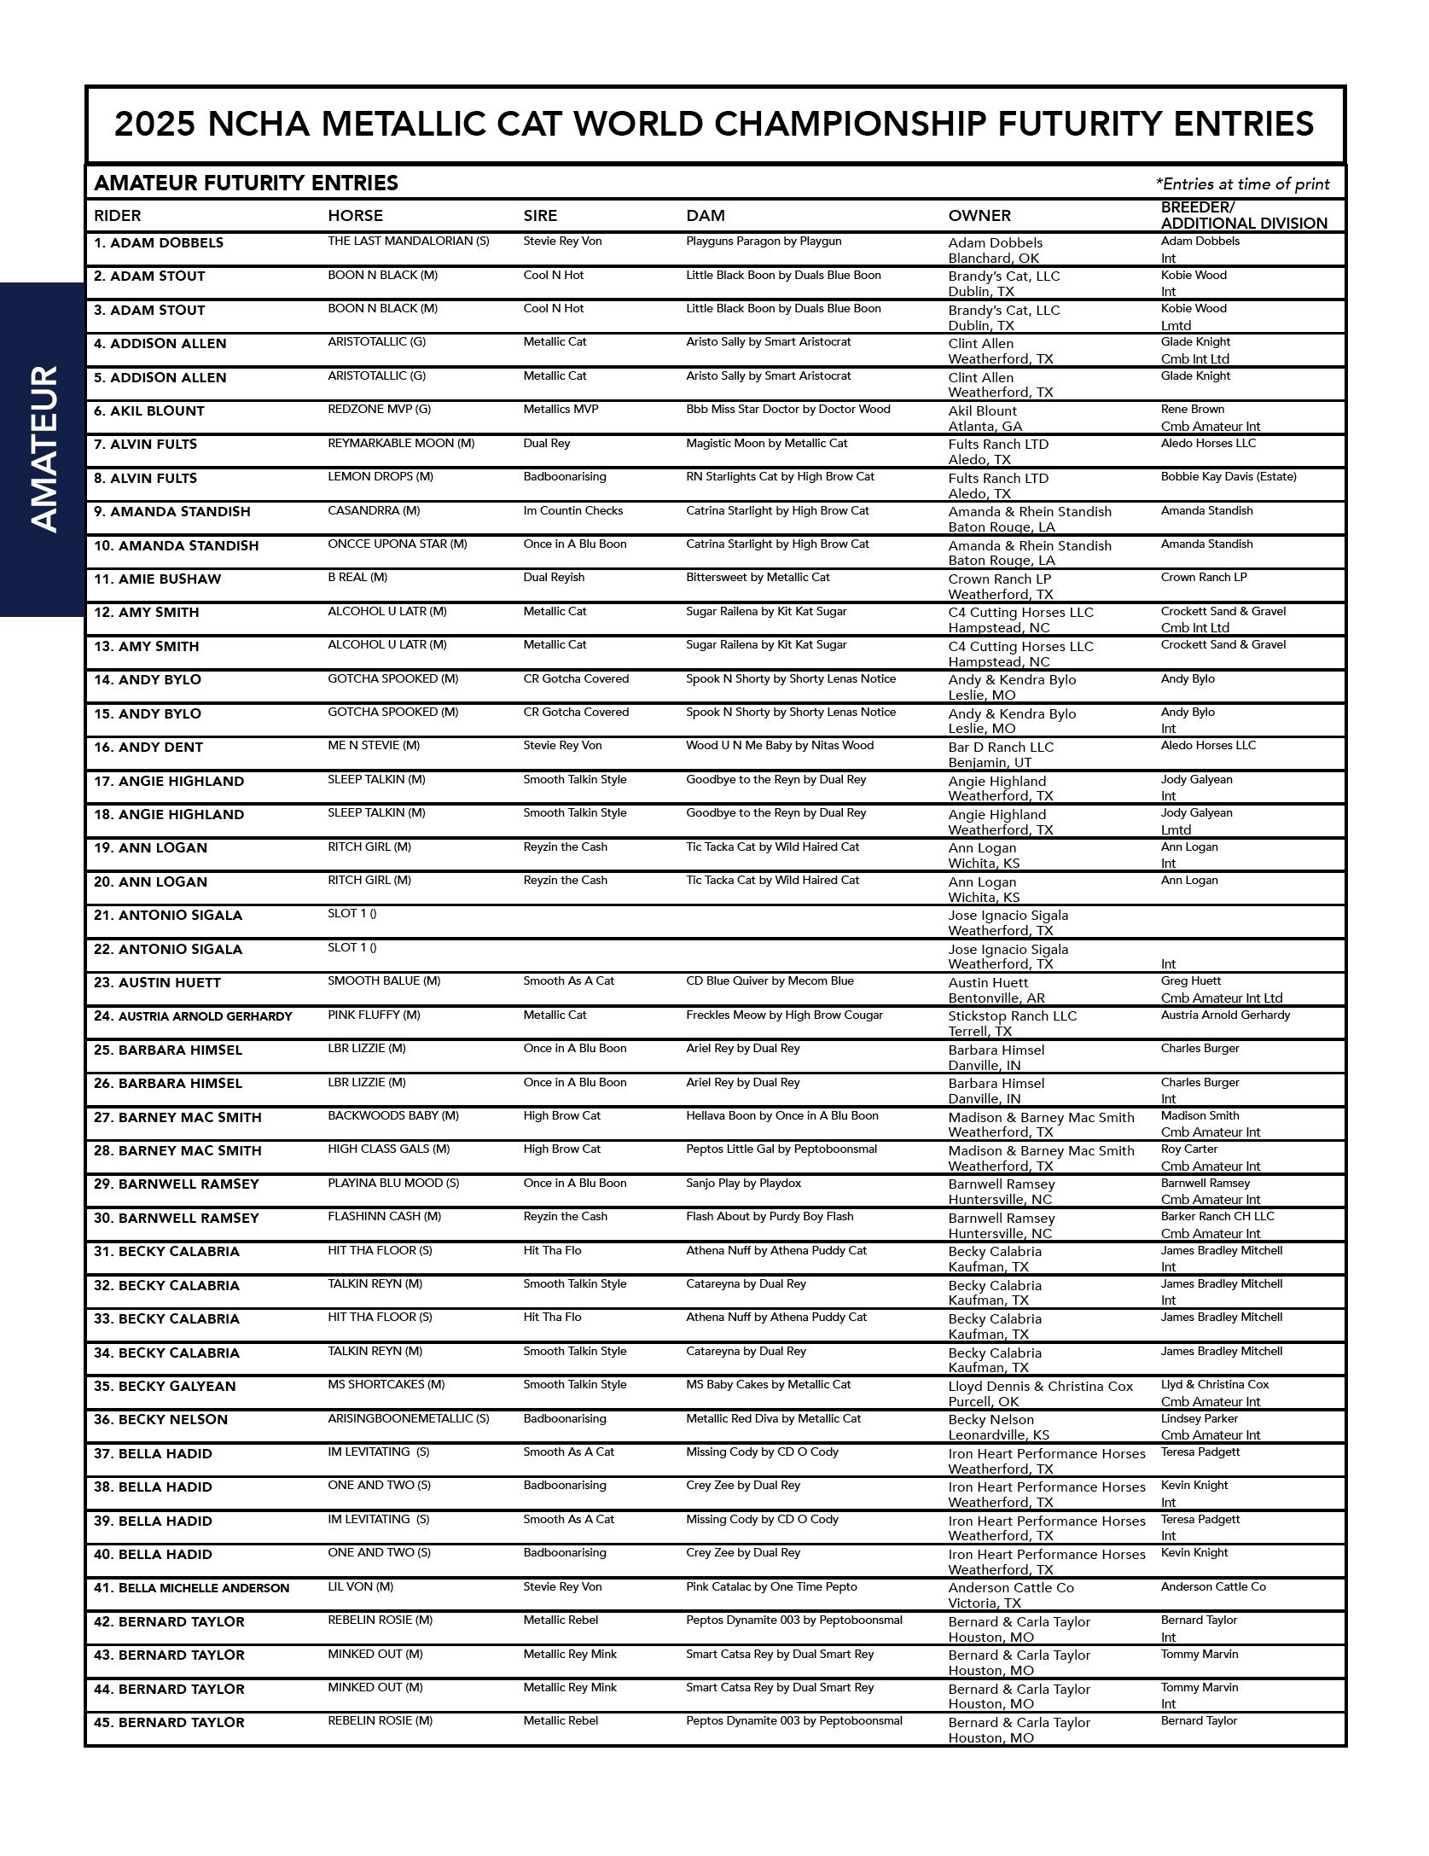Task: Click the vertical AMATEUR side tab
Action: pos(43,449)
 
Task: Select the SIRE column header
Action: pos(540,216)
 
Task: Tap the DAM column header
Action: pos(706,216)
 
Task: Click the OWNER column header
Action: pos(979,216)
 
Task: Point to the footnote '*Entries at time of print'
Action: pos(1242,183)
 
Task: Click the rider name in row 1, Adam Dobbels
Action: pos(159,243)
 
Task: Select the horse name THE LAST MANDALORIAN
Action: pos(408,241)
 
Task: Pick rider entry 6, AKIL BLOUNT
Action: pos(149,411)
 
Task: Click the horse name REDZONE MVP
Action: pos(379,410)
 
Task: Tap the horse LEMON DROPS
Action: pos(380,477)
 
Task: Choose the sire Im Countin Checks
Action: pos(573,511)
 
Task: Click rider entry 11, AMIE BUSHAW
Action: pos(157,579)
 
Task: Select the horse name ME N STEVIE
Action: pos(374,746)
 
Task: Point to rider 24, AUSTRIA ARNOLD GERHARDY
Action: pos(193,1016)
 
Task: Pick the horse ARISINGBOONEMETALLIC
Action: pos(408,1419)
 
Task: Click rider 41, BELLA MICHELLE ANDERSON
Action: pos(191,1588)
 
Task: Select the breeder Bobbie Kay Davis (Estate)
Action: pos(1228,477)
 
